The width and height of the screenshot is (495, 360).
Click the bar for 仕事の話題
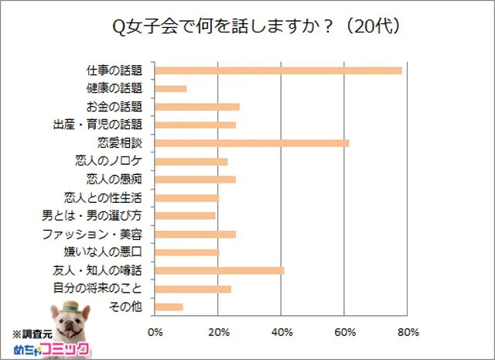pyautogui.click(x=278, y=70)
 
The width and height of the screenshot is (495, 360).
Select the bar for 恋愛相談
pyautogui.click(x=252, y=143)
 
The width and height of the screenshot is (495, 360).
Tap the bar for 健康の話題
pyautogui.click(x=171, y=88)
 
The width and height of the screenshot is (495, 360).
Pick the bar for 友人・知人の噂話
pyautogui.click(x=220, y=270)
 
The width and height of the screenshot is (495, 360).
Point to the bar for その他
pyautogui.click(x=169, y=307)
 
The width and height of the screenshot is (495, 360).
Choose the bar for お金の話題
pyautogui.click(x=197, y=107)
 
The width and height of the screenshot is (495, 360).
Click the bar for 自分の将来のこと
pyautogui.click(x=193, y=289)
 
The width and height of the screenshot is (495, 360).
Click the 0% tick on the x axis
pyautogui.click(x=155, y=333)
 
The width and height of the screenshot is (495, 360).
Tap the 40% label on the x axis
pyautogui.click(x=282, y=333)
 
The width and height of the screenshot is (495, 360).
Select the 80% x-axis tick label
pyautogui.click(x=408, y=333)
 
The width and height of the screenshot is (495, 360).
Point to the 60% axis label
pyautogui.click(x=345, y=333)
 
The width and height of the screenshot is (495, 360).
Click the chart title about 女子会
pyautogui.click(x=255, y=27)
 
